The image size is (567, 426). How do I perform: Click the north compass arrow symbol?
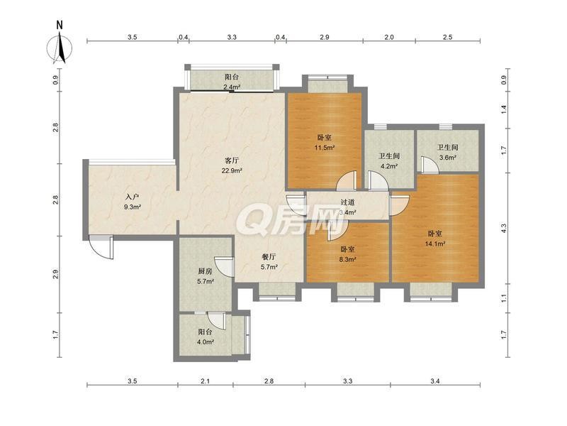tap(60, 48)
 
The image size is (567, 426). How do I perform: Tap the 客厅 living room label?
tap(232, 160)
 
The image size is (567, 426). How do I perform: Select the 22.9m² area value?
tap(232, 170)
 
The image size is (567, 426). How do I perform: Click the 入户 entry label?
tap(133, 197)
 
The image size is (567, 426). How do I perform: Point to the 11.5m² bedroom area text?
tap(325, 148)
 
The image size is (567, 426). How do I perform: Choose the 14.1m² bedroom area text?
tap(434, 244)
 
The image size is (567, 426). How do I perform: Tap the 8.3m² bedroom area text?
tap(347, 259)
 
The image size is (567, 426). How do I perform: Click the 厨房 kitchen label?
tap(205, 271)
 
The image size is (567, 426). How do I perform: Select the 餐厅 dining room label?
tap(269, 257)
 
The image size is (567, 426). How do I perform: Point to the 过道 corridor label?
tap(347, 202)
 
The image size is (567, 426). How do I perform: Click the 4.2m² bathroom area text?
tap(389, 166)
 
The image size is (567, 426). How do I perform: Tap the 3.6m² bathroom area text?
tap(448, 158)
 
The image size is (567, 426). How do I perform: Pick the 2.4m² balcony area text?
tap(232, 87)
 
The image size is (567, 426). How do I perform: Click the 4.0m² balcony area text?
tap(205, 342)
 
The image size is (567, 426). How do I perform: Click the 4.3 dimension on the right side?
tap(504, 228)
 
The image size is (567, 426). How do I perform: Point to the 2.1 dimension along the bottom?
tap(205, 381)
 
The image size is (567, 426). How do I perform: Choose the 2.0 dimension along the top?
tap(388, 37)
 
